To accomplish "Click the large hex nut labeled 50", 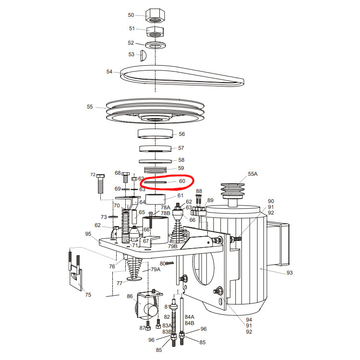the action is [155, 15].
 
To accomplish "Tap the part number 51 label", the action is [132, 28].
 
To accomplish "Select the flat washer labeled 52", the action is [156, 45].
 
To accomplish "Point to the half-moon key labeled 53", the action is [143, 55].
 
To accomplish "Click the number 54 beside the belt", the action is [109, 72].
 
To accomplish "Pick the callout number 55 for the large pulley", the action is [90, 107].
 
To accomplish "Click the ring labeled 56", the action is [155, 133].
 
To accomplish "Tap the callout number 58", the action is [181, 160].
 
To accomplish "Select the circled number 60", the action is [182, 181].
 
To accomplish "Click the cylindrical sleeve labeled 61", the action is [156, 199].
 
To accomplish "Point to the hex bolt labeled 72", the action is [100, 184].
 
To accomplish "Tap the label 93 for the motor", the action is [290, 273].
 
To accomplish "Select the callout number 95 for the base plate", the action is [88, 234].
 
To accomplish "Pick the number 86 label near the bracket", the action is [130, 296].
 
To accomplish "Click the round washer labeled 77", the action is [134, 278].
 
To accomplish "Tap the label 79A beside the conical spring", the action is [156, 269].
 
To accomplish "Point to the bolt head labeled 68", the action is [125, 177].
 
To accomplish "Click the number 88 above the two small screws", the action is [199, 191].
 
